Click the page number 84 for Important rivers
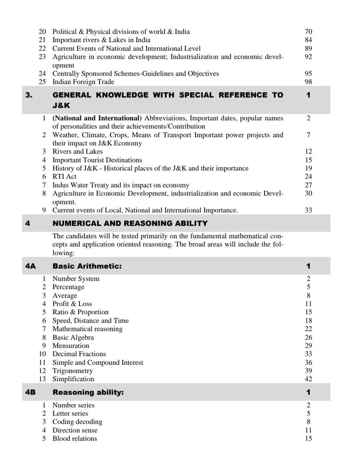308,40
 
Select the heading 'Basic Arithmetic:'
87,266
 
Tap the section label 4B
30,392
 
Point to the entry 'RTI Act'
64,177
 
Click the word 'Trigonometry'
73,371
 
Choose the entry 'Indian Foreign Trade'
83,82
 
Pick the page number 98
308,82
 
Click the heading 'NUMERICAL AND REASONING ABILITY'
130,223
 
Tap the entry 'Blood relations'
74,439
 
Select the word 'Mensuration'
71,346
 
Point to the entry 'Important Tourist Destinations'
97,160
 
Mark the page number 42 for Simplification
308,379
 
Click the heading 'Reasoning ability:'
88,392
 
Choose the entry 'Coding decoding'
77,422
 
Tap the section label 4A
30,266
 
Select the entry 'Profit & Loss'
72,304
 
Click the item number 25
42,82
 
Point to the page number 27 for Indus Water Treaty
308,185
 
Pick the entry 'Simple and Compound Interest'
98,363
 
